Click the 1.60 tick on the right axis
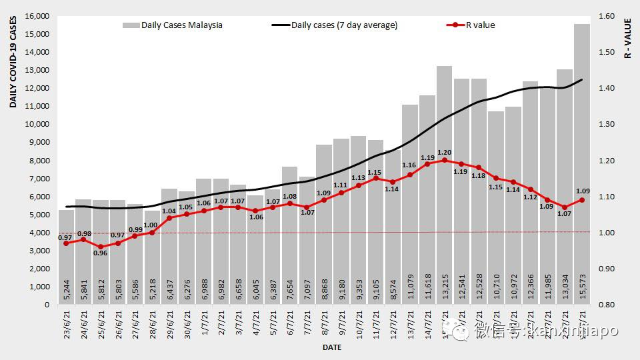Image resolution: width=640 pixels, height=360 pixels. click(611, 16)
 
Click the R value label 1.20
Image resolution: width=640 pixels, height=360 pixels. click(445, 153)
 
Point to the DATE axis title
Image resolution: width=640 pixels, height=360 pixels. click(333, 347)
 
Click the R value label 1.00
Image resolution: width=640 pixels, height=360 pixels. click(152, 225)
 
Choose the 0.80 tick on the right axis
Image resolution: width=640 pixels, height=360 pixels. click(611, 305)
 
